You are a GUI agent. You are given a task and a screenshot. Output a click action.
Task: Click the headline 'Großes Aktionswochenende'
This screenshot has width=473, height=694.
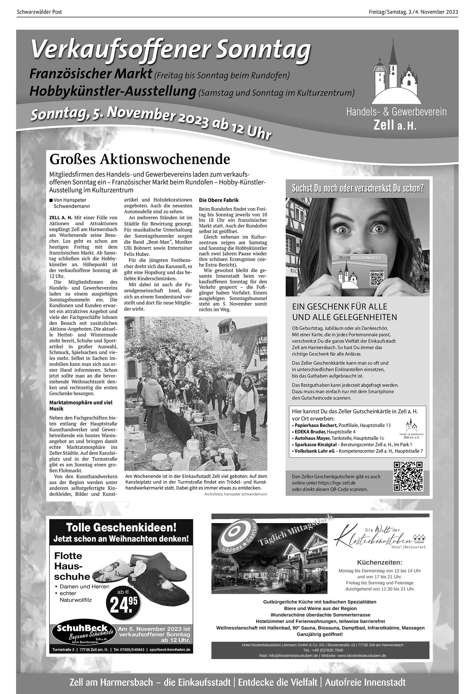[x=140, y=159]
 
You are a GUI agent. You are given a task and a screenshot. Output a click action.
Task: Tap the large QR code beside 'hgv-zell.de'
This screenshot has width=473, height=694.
[x=408, y=476]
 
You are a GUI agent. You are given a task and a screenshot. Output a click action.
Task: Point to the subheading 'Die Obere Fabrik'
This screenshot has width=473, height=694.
[x=219, y=200]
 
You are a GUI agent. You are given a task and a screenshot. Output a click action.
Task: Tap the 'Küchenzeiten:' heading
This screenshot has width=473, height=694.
[x=379, y=563]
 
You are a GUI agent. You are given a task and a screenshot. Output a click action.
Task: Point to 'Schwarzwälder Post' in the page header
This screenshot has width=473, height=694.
[x=39, y=12]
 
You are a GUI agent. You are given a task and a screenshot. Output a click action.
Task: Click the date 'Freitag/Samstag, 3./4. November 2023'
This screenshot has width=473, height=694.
[x=413, y=12]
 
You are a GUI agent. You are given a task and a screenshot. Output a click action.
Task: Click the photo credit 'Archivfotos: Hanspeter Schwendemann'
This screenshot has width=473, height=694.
[x=236, y=494]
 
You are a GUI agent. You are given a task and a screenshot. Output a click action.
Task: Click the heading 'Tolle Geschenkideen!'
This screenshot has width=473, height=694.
[x=121, y=527]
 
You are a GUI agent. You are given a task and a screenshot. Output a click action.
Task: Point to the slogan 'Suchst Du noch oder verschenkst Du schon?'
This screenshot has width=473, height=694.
[x=358, y=188]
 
